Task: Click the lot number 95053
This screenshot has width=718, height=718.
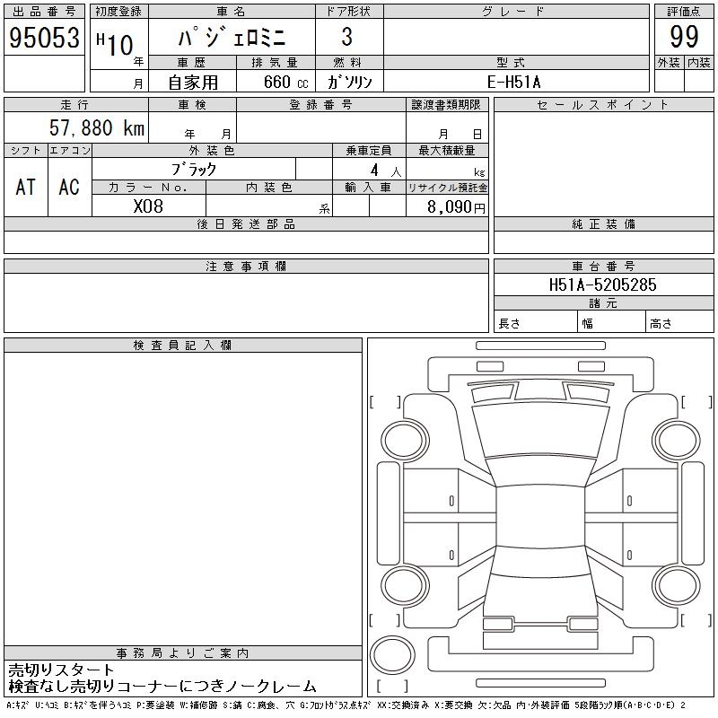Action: click(44, 37)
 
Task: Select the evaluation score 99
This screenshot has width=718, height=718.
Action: click(684, 37)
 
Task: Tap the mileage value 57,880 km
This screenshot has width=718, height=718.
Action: click(97, 127)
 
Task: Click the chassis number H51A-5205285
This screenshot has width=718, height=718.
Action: click(602, 285)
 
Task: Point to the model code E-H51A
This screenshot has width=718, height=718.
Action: click(513, 82)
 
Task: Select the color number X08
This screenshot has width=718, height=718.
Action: click(148, 206)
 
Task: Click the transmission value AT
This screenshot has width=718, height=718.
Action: click(26, 187)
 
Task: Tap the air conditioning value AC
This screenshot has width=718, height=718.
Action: click(69, 187)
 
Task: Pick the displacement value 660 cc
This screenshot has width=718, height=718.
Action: click(285, 82)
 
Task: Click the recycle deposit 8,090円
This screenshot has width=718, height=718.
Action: click(456, 207)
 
